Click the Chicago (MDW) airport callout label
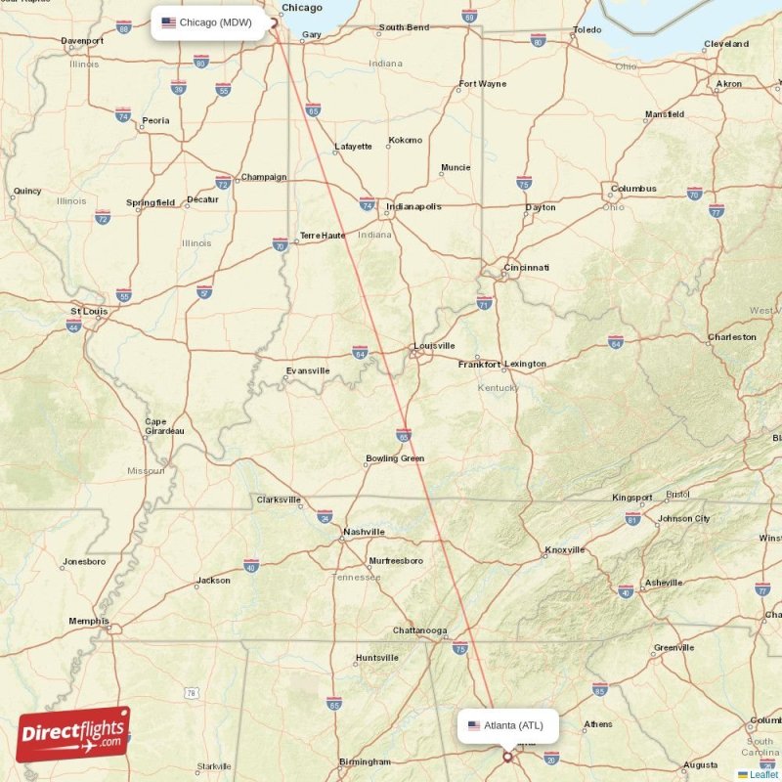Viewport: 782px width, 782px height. pos(209,22)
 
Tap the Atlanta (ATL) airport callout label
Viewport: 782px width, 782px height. pos(507,725)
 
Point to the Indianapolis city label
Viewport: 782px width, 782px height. pos(413,207)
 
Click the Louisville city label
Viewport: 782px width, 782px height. pos(434,346)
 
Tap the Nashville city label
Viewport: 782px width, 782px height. pos(363,533)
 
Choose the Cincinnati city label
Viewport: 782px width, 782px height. pos(527,268)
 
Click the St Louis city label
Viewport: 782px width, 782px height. pos(88,312)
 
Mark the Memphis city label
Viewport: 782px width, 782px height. pos(88,621)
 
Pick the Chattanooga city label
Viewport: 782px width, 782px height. pos(419,630)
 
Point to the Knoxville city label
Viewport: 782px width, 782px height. pos(564,550)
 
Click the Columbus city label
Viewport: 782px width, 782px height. pos(633,189)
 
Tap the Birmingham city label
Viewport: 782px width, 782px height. pos(366,761)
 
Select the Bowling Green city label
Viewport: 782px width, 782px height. pos(394,458)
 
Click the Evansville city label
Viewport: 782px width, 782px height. pos(308,371)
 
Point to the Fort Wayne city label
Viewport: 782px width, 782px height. pos(483,84)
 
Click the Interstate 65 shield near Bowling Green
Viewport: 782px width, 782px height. pos(404,434)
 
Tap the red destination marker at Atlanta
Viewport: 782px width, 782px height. pos(507,756)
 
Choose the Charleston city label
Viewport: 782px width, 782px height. pos(731,337)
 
